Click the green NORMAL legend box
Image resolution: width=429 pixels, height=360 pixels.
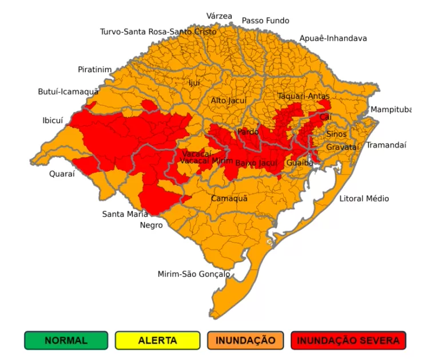[x=66, y=341]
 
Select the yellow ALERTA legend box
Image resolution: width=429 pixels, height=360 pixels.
[x=157, y=341]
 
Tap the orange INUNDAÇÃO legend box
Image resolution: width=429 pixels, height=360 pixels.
[x=245, y=341]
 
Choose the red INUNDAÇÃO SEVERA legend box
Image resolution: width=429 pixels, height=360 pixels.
[x=348, y=341]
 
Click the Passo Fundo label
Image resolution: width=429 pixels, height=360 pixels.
[x=265, y=21]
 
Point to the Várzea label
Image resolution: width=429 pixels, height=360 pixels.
[x=219, y=16]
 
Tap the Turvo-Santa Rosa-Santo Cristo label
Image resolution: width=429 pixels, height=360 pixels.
[x=158, y=32]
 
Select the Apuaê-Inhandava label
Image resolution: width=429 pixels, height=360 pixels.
[x=333, y=38]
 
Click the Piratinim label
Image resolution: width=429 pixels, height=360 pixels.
[x=94, y=70]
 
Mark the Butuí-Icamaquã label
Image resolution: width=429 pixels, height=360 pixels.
[x=68, y=92]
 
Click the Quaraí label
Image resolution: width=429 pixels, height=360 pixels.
[x=62, y=174]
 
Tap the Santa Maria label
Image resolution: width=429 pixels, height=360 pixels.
[x=125, y=214]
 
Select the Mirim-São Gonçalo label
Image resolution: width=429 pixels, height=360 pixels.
[x=194, y=274]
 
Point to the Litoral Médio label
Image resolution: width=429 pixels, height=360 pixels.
[x=364, y=199]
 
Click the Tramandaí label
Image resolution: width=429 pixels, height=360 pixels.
[x=386, y=145]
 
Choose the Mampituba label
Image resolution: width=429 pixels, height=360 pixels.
[x=391, y=110]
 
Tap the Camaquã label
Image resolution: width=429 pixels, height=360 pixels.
[x=229, y=199]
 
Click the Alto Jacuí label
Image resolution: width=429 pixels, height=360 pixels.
[x=228, y=101]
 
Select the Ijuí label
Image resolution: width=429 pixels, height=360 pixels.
[x=194, y=83]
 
